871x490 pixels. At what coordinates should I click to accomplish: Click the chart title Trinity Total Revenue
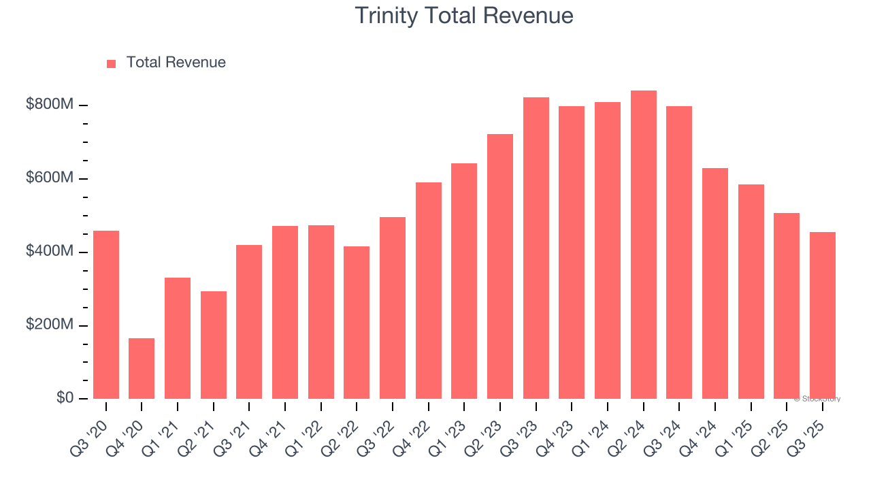(x=464, y=16)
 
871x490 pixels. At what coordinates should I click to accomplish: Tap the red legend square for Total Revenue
(x=112, y=63)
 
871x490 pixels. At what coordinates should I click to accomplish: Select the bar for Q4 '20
(x=142, y=368)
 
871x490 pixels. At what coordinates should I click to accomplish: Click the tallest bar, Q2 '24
(x=643, y=245)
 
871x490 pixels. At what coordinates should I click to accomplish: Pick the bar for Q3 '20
(x=106, y=314)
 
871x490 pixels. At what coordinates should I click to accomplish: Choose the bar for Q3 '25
(x=822, y=315)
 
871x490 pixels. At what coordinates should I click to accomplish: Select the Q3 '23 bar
(x=536, y=248)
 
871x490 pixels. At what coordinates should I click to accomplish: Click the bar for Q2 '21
(x=213, y=345)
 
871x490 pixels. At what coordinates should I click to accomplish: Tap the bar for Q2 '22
(x=357, y=323)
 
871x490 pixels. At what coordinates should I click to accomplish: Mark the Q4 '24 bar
(x=714, y=283)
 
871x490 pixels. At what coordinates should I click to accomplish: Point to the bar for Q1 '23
(x=464, y=281)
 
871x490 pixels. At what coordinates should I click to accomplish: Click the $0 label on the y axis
(x=65, y=397)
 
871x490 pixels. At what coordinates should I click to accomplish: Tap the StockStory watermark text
(x=817, y=399)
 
